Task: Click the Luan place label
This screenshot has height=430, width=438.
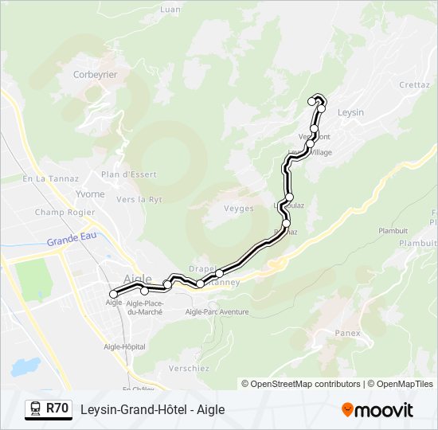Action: (170, 10)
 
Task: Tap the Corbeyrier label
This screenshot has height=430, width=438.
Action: (95, 74)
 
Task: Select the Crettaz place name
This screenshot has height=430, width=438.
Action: (414, 84)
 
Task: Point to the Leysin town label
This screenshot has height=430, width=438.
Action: (350, 112)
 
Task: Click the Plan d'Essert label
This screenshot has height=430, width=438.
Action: (129, 174)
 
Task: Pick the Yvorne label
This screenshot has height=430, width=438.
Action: (89, 194)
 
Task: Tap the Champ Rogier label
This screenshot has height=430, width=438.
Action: (65, 213)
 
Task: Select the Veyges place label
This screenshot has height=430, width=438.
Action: (239, 209)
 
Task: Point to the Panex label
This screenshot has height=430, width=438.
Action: (348, 333)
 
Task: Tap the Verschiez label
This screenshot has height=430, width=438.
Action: (190, 368)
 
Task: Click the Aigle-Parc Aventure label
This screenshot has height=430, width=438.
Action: (217, 312)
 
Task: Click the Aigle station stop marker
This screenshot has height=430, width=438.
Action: (113, 295)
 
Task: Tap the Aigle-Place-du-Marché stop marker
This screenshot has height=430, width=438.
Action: (144, 291)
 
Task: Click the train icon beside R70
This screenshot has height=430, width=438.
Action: (36, 409)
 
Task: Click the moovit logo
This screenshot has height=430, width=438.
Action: (377, 410)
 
